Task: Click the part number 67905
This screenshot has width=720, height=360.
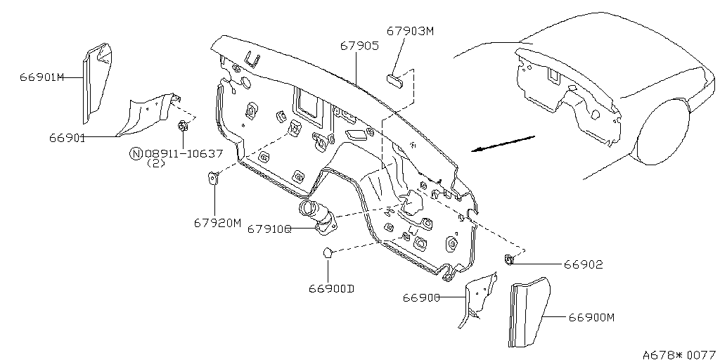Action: click(x=359, y=46)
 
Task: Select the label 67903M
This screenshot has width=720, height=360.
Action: click(x=410, y=31)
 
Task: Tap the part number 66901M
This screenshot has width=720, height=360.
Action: click(x=41, y=77)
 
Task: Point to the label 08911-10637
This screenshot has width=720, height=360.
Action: click(x=184, y=153)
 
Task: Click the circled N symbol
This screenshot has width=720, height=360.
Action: click(x=136, y=153)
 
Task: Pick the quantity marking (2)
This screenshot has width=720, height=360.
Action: click(x=155, y=163)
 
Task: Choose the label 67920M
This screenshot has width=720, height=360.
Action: click(x=217, y=223)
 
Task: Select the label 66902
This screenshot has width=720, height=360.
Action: click(x=583, y=264)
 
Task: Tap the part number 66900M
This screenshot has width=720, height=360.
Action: click(x=592, y=317)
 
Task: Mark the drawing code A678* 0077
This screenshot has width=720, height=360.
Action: click(x=680, y=354)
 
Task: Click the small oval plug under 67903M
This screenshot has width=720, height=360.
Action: click(x=394, y=81)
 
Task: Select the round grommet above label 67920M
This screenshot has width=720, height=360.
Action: click(x=214, y=177)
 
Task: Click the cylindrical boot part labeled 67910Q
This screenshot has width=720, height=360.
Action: click(x=317, y=216)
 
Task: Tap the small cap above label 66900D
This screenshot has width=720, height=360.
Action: click(x=328, y=252)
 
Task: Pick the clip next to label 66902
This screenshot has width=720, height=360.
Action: click(x=509, y=259)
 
